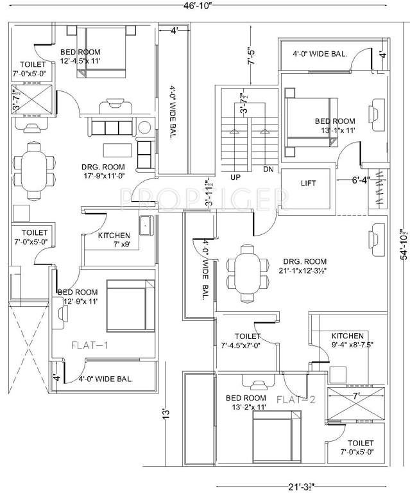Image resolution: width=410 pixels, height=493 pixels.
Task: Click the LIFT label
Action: click(x=308, y=184)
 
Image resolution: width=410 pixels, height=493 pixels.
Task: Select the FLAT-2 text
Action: click(x=296, y=399)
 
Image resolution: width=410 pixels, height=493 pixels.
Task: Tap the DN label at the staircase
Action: click(x=268, y=169)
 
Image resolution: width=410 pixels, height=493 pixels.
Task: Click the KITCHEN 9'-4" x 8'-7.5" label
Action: click(x=347, y=341)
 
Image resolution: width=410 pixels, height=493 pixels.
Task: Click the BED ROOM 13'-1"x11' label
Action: click(x=334, y=126)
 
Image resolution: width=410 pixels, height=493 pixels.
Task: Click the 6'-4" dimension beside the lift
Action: click(x=359, y=180)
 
